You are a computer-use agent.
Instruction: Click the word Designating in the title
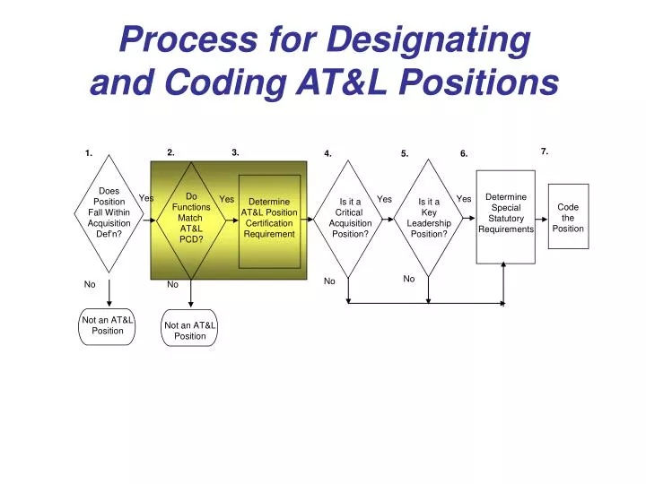click(428, 39)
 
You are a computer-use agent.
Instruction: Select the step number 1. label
click(90, 153)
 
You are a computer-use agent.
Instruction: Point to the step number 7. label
click(545, 151)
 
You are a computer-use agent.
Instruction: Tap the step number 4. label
click(328, 153)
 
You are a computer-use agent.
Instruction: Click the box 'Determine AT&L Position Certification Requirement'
click(269, 218)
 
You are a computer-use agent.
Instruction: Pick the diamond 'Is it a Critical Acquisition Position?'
click(350, 218)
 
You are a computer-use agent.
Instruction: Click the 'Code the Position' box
click(568, 218)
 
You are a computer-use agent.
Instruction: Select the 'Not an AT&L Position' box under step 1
click(108, 325)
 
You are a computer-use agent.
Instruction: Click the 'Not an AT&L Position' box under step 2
click(190, 331)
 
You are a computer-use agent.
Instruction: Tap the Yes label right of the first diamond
click(146, 198)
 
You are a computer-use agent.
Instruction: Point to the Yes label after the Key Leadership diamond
click(464, 199)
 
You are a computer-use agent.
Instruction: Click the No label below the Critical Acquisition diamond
click(329, 281)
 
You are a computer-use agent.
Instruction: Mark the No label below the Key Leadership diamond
click(409, 279)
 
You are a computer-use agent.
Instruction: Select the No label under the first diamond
click(90, 285)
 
